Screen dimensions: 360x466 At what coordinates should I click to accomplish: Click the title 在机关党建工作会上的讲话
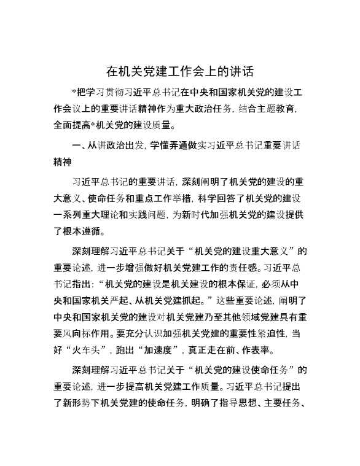[x=180, y=71]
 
